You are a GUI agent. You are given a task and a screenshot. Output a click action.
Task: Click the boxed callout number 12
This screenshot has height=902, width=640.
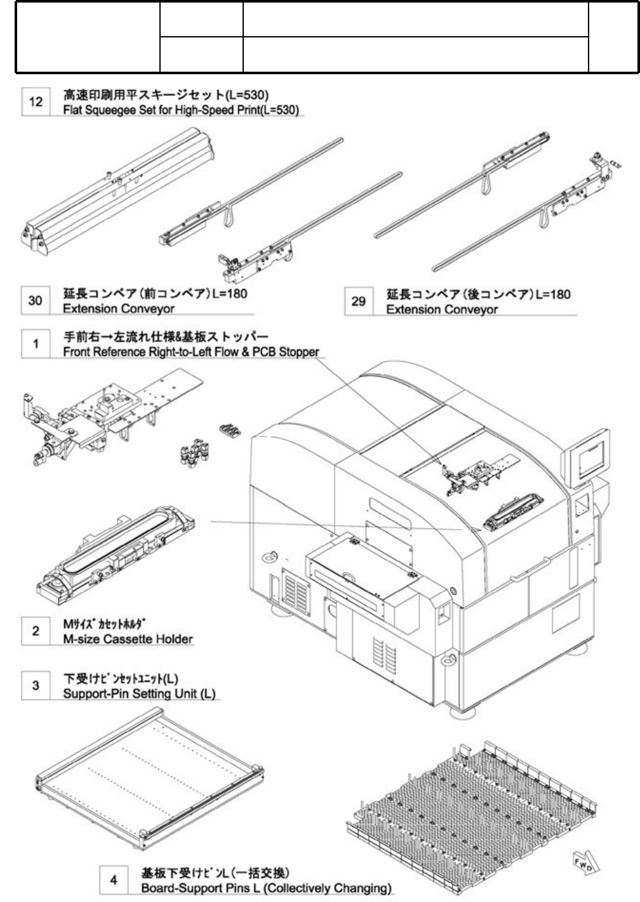[x=36, y=101]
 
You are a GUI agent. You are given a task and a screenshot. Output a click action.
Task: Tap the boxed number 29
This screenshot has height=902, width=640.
[x=359, y=301]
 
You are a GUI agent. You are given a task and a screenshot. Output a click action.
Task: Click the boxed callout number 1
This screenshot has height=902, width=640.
[x=36, y=344]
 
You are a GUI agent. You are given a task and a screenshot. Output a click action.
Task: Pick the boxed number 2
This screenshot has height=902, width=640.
[x=36, y=631]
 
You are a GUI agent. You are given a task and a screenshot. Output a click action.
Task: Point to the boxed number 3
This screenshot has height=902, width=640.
[x=36, y=686]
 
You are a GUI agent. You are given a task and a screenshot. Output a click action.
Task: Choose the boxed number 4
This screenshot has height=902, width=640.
[x=114, y=880]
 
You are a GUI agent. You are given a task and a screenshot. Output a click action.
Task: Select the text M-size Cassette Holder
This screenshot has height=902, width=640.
[x=128, y=639]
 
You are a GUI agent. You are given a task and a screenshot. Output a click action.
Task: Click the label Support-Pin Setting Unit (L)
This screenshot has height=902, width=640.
[x=139, y=693]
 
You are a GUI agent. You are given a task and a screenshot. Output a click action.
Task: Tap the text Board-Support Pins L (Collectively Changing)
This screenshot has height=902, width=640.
[x=266, y=887]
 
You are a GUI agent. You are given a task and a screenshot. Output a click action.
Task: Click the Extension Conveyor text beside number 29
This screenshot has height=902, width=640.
[x=442, y=310]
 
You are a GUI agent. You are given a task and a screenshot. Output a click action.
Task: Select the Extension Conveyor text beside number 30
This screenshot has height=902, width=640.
[x=119, y=309]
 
